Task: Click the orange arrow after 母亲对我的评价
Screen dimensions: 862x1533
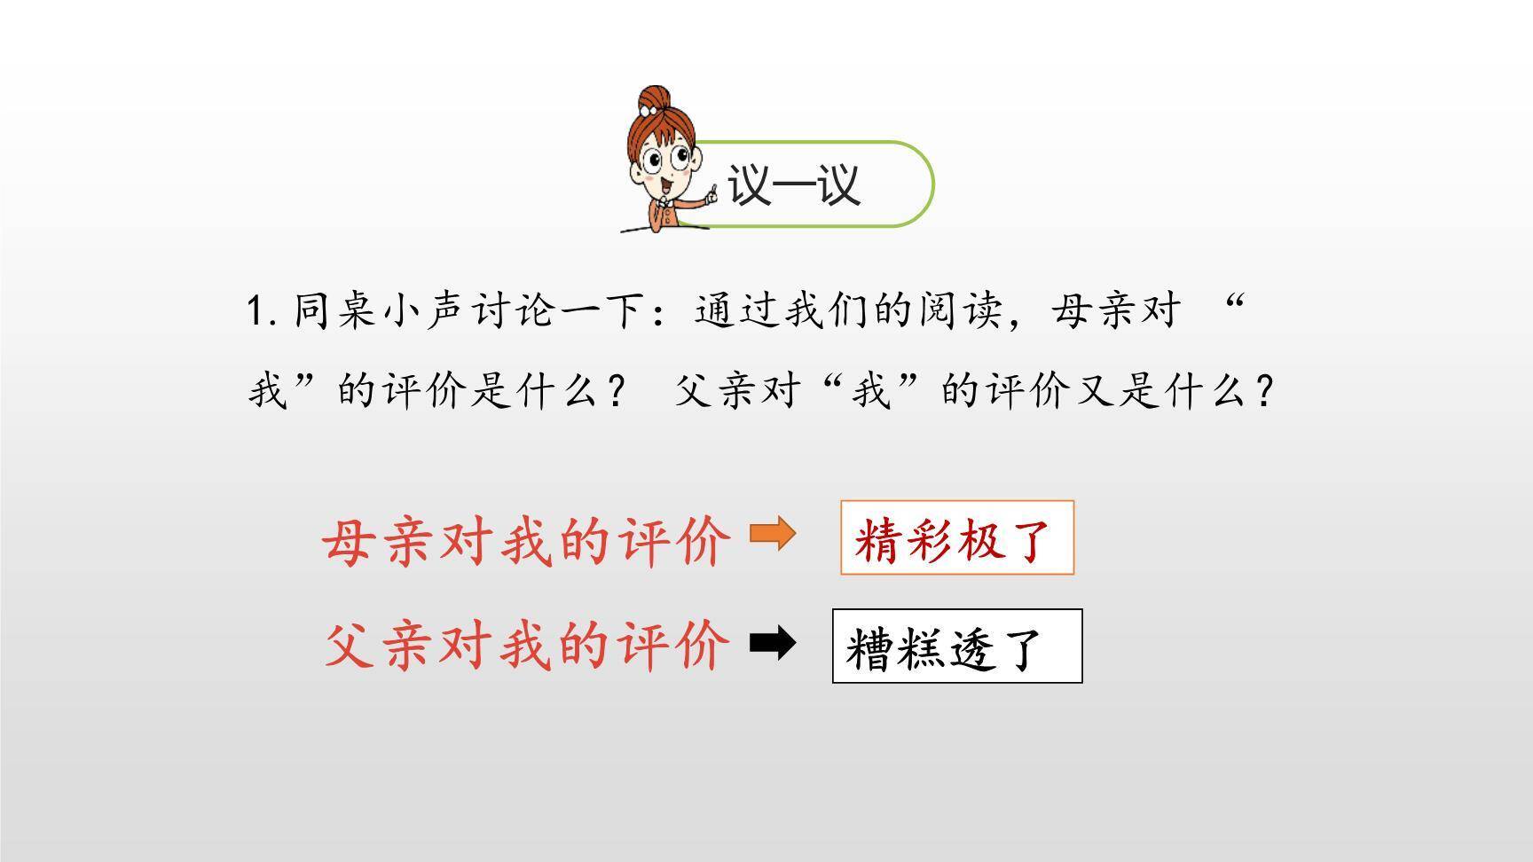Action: tap(773, 535)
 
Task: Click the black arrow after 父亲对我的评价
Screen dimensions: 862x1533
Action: tap(773, 643)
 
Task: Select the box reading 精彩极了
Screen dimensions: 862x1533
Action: tap(956, 537)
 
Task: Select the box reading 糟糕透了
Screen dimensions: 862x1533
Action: tap(956, 646)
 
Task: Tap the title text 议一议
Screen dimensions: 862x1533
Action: tap(793, 185)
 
